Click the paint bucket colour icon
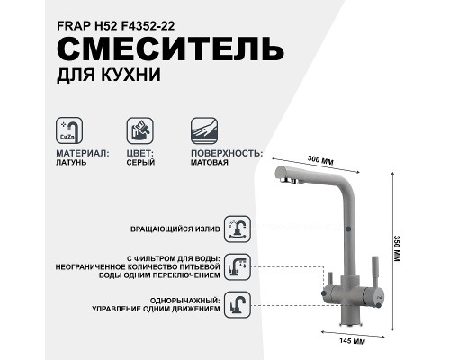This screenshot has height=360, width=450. [x=138, y=129]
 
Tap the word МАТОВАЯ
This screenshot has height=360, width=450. [x=208, y=164]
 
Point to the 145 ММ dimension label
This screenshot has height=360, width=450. [x=339, y=340]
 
